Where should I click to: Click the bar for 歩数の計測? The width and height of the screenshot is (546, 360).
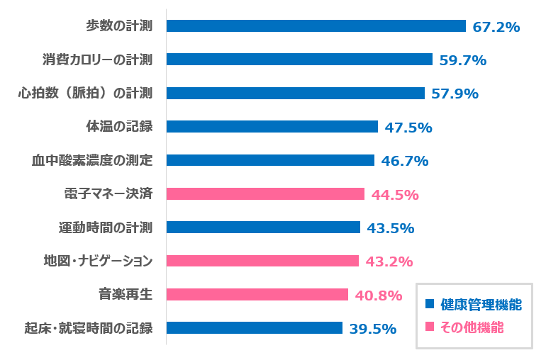316,26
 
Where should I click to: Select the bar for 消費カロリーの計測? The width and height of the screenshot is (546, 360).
299,60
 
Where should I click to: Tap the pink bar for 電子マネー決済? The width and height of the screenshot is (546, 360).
265,193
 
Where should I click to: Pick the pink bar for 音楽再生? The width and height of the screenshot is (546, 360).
257,294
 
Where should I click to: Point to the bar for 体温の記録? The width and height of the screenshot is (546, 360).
272,127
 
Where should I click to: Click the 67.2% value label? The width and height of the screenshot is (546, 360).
496,27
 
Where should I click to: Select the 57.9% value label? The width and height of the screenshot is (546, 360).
455,94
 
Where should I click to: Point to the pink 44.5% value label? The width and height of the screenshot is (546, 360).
395,194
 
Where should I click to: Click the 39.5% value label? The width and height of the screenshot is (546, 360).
372,328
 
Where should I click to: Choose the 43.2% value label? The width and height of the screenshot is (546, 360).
389,261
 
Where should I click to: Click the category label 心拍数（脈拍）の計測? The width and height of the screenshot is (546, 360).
85,94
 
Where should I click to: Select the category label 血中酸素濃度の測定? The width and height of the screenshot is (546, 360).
92,160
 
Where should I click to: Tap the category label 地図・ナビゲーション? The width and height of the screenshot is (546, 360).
99,261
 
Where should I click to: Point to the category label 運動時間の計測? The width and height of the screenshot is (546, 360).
106,227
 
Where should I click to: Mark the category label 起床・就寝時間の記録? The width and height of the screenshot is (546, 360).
89,328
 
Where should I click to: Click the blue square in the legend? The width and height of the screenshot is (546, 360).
428,305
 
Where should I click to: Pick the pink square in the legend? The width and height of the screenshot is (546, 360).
428,327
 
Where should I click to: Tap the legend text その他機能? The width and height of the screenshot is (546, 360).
472,327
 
